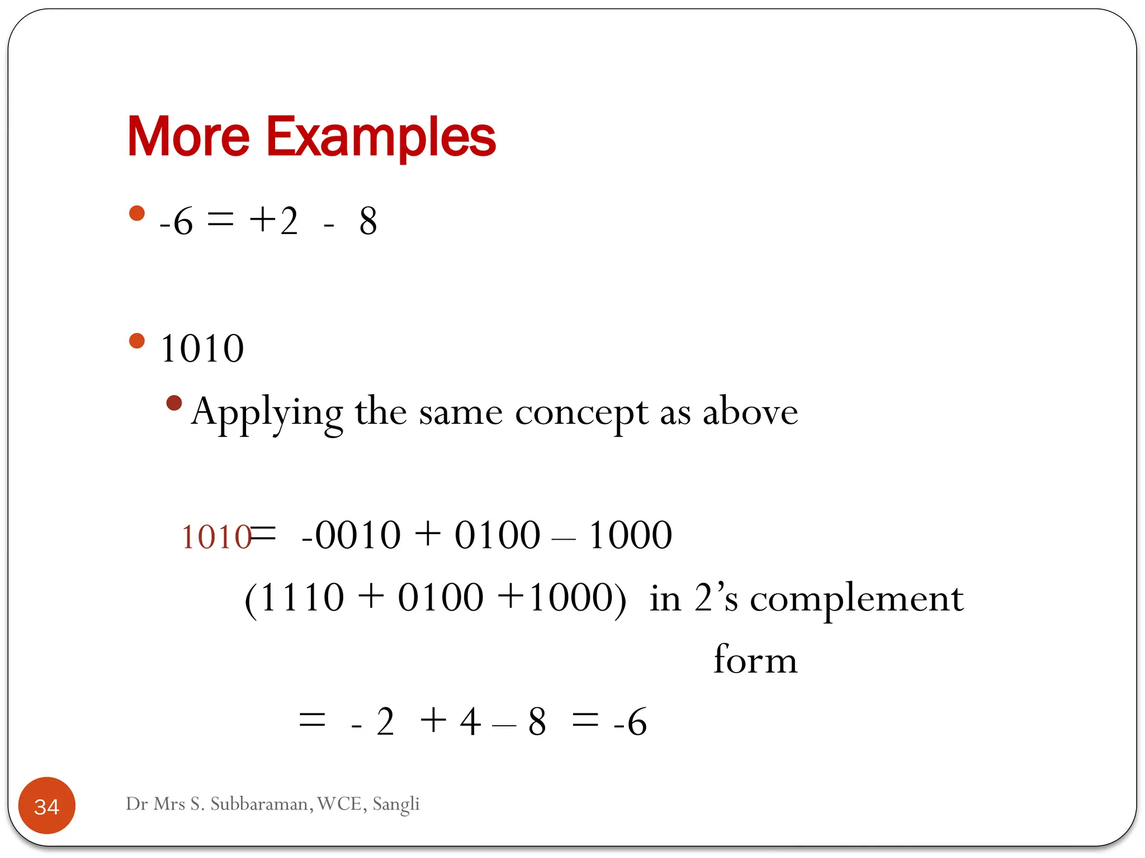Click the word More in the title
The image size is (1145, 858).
(x=188, y=136)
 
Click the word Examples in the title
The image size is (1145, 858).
(x=381, y=137)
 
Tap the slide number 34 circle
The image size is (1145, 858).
(x=47, y=805)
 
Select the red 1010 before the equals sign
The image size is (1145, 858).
(x=216, y=537)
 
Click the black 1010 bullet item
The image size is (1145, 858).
(x=202, y=349)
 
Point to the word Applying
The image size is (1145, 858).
(x=267, y=413)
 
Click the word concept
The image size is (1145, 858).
(x=581, y=413)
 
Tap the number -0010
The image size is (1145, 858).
(x=351, y=535)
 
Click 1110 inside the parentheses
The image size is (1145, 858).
(x=302, y=598)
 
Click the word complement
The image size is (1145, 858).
(x=856, y=599)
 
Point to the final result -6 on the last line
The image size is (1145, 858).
(x=630, y=722)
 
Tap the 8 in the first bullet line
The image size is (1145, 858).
(x=368, y=221)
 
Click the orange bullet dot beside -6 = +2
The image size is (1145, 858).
(x=137, y=213)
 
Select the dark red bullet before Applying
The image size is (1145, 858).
(x=174, y=403)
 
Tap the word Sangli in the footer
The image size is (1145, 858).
(x=396, y=804)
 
